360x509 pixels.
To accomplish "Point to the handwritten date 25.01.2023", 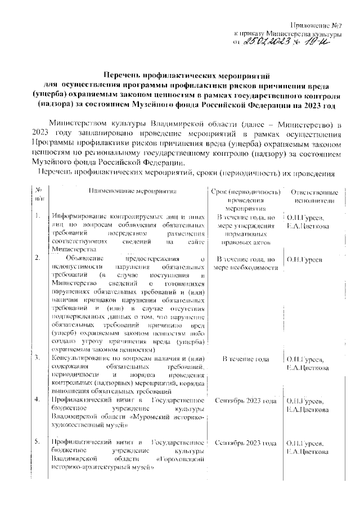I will pos(267,42).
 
